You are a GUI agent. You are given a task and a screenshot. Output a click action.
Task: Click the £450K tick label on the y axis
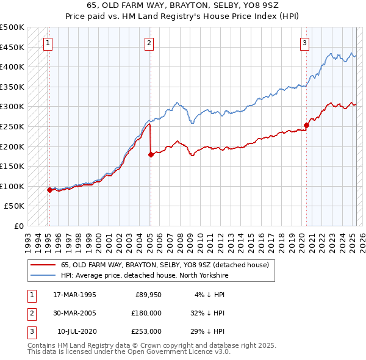click(12, 47)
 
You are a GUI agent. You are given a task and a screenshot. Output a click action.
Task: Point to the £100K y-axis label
click(12, 186)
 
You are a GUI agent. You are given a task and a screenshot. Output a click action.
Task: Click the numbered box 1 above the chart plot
click(48, 43)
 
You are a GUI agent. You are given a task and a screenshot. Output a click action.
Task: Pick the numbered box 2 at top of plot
click(149, 43)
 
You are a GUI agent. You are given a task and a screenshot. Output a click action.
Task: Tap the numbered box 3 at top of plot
click(304, 43)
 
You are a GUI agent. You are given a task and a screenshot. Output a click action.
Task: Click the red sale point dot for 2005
click(150, 154)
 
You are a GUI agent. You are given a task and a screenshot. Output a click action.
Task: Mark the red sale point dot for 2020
click(306, 125)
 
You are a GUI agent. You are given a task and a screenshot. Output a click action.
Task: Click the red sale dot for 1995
click(49, 190)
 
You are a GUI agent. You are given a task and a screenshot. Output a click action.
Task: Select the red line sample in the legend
click(43, 265)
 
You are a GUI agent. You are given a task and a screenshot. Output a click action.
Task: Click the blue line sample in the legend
click(43, 275)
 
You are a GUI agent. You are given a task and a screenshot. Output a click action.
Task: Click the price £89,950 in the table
click(148, 295)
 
